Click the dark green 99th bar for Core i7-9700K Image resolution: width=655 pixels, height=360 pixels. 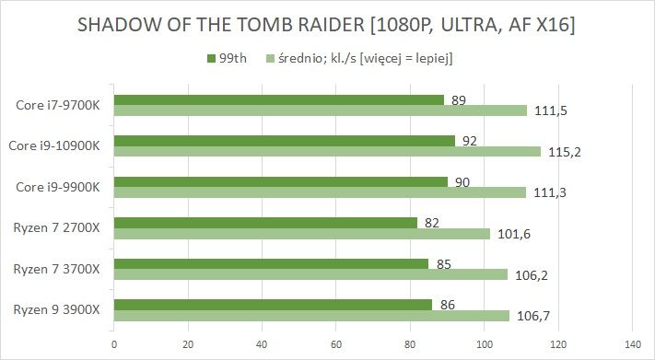click(278, 100)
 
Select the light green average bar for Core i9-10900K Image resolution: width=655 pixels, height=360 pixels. click(327, 151)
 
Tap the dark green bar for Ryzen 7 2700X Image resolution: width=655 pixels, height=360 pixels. click(265, 222)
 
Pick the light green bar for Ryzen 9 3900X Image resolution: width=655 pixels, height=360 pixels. click(311, 316)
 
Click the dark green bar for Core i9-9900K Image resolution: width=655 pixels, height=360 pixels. click(280, 181)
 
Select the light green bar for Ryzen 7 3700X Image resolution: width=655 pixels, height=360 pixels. click(310, 273)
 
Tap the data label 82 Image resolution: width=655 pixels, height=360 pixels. click(430, 222)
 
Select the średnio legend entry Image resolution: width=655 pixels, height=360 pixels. click(359, 59)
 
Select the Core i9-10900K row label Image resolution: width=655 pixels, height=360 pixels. click(53, 145)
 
